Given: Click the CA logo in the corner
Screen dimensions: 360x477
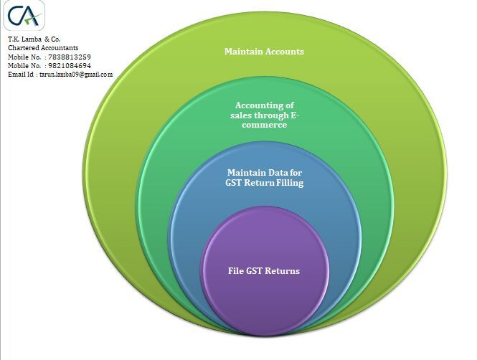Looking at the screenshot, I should (25, 16).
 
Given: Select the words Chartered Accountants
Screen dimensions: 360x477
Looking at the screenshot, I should (43, 48).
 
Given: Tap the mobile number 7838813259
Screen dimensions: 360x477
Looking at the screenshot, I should (69, 57).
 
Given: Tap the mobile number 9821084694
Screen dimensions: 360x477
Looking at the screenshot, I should (69, 65).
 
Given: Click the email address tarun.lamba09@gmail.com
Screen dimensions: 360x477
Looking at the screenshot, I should (76, 74).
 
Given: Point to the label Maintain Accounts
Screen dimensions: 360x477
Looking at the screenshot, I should (264, 52).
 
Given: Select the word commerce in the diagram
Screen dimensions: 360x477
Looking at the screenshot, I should (263, 125).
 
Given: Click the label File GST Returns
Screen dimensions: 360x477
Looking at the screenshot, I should (263, 271).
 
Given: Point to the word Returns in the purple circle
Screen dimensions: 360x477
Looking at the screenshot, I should (283, 271).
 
